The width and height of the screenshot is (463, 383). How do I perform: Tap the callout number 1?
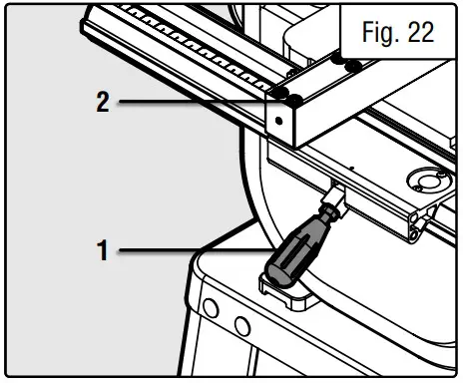point(101,250)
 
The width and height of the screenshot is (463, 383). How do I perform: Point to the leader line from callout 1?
point(190,249)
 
